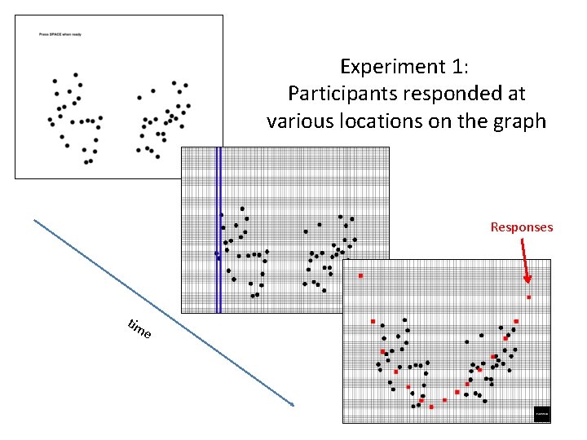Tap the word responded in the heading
coord(435,93)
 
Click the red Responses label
coord(521,227)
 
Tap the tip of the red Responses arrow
coord(527,291)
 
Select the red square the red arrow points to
coord(528,297)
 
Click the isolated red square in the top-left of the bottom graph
coord(360,276)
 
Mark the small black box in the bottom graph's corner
coord(542,414)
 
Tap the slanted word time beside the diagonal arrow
coord(139,329)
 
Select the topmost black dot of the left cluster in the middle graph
coord(242,209)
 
